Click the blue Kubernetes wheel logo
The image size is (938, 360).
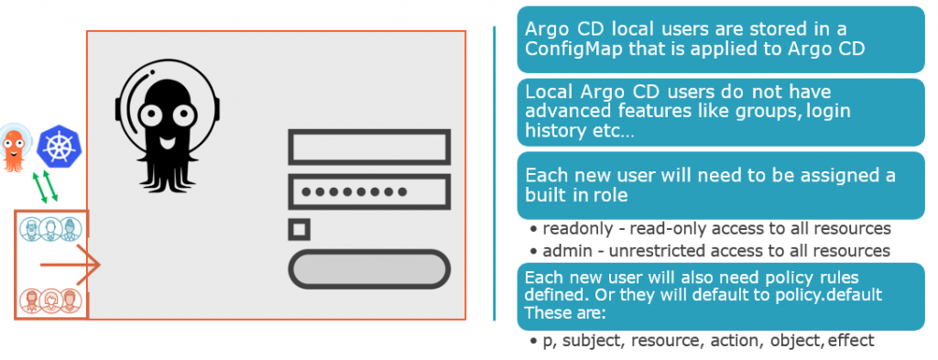[58, 146]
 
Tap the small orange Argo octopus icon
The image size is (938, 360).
[13, 147]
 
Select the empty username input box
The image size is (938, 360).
[369, 147]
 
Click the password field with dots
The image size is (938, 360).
[369, 192]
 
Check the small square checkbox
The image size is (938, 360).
[299, 229]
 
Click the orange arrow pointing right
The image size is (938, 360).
[70, 264]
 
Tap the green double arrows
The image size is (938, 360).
[45, 187]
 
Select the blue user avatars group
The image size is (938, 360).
[50, 229]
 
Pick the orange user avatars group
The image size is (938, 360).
[50, 300]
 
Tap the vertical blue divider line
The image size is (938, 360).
[495, 173]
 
